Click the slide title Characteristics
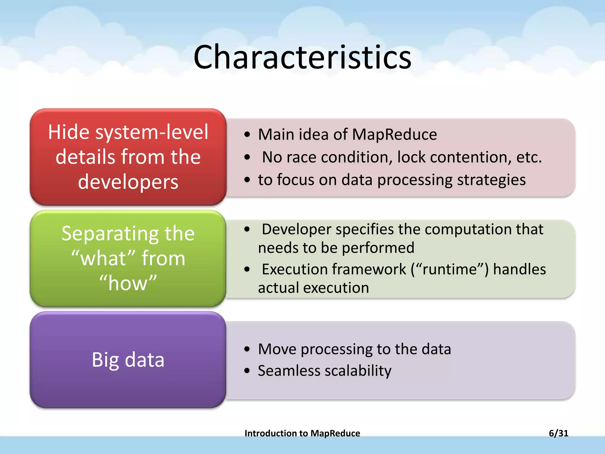coord(302,57)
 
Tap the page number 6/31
coord(558,433)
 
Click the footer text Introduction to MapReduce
coord(302,433)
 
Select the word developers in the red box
coord(128,181)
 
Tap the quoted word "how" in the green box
coord(128,283)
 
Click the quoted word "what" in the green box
coord(103,258)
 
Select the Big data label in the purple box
coord(128,360)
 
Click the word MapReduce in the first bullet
coord(394,134)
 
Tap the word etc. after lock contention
coord(529,157)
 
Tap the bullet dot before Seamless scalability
coord(247,371)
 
